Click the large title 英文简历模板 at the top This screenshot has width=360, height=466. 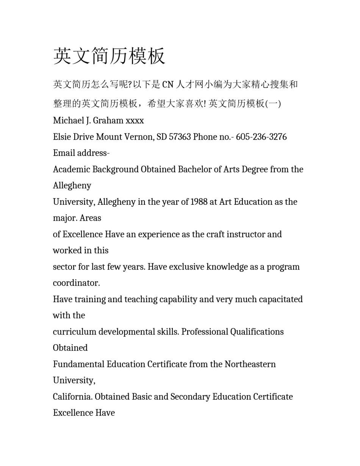109,56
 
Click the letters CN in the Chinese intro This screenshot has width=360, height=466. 168,85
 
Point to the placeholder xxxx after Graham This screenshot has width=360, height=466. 135,121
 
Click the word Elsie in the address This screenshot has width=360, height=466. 62,137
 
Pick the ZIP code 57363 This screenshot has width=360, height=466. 180,137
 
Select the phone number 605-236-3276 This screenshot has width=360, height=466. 261,137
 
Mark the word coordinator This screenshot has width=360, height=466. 76,283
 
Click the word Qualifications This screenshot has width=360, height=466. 257,332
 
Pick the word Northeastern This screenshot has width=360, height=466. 250,364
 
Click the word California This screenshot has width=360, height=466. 72,397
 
